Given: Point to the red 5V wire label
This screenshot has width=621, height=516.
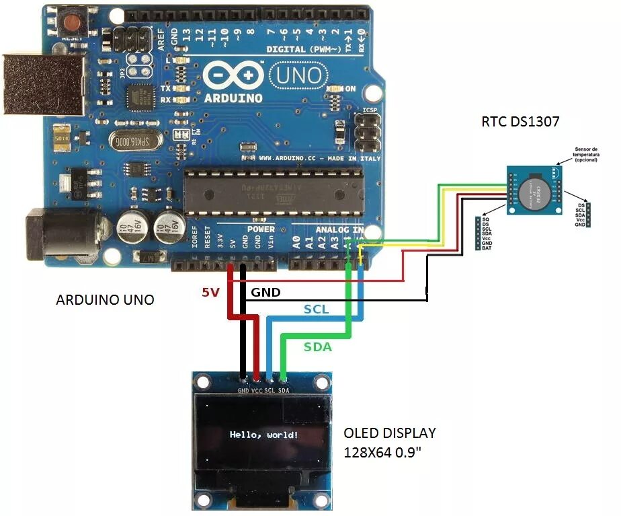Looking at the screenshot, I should pos(210,293).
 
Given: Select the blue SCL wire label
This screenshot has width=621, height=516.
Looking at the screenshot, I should pos(316,309).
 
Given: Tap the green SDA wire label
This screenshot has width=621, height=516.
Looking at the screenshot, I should pos(317,347).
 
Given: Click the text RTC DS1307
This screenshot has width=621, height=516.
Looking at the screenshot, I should pos(520,122).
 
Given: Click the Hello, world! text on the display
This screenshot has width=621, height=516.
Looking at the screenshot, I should pos(263,435).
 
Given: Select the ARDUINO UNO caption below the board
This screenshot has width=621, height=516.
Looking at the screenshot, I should pos(105,299).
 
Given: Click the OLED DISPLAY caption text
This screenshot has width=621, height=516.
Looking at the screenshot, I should pos(389,433).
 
